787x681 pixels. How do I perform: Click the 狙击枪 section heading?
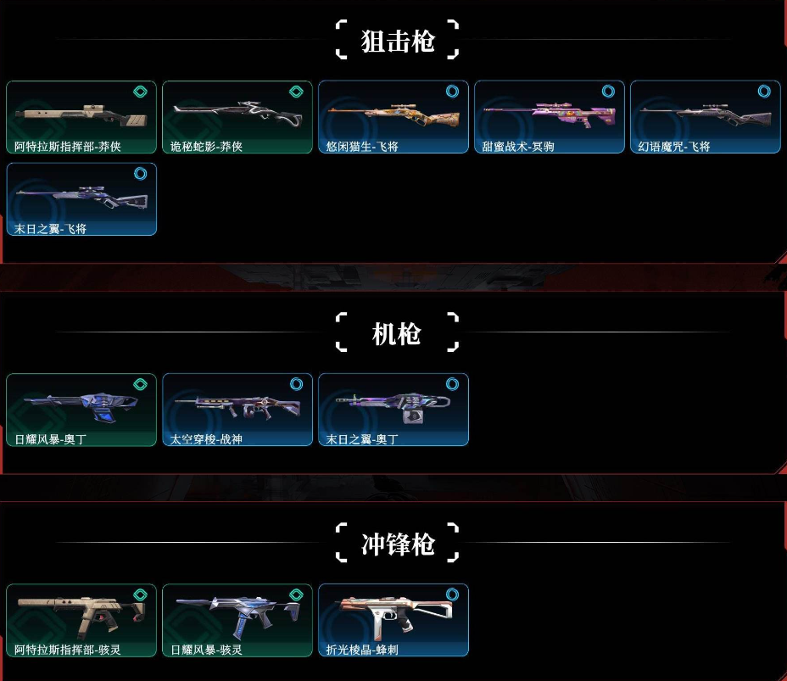pos(398,41)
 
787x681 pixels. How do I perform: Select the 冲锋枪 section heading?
pos(398,544)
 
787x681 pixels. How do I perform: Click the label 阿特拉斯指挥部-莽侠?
pos(68,146)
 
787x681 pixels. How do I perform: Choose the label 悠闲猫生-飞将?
pos(362,146)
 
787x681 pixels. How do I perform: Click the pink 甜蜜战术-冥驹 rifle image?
pos(549,114)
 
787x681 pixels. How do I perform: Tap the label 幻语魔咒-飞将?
pos(674,146)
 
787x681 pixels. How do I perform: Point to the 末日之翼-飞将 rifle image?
pos(82,196)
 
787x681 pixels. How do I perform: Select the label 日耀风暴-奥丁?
pos(50,439)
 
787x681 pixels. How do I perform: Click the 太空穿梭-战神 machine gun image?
pos(237,406)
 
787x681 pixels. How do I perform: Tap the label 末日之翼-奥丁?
pos(362,439)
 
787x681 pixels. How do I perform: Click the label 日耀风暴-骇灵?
pos(206,650)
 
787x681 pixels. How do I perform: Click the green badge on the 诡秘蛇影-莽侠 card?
pos(296,92)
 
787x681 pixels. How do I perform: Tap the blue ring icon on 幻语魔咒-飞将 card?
pos(764,91)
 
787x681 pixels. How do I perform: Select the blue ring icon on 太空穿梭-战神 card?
pos(296,384)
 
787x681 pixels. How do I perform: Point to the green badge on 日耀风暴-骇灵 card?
pos(296,594)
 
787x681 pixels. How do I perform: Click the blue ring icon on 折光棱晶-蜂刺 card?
pos(452,594)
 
